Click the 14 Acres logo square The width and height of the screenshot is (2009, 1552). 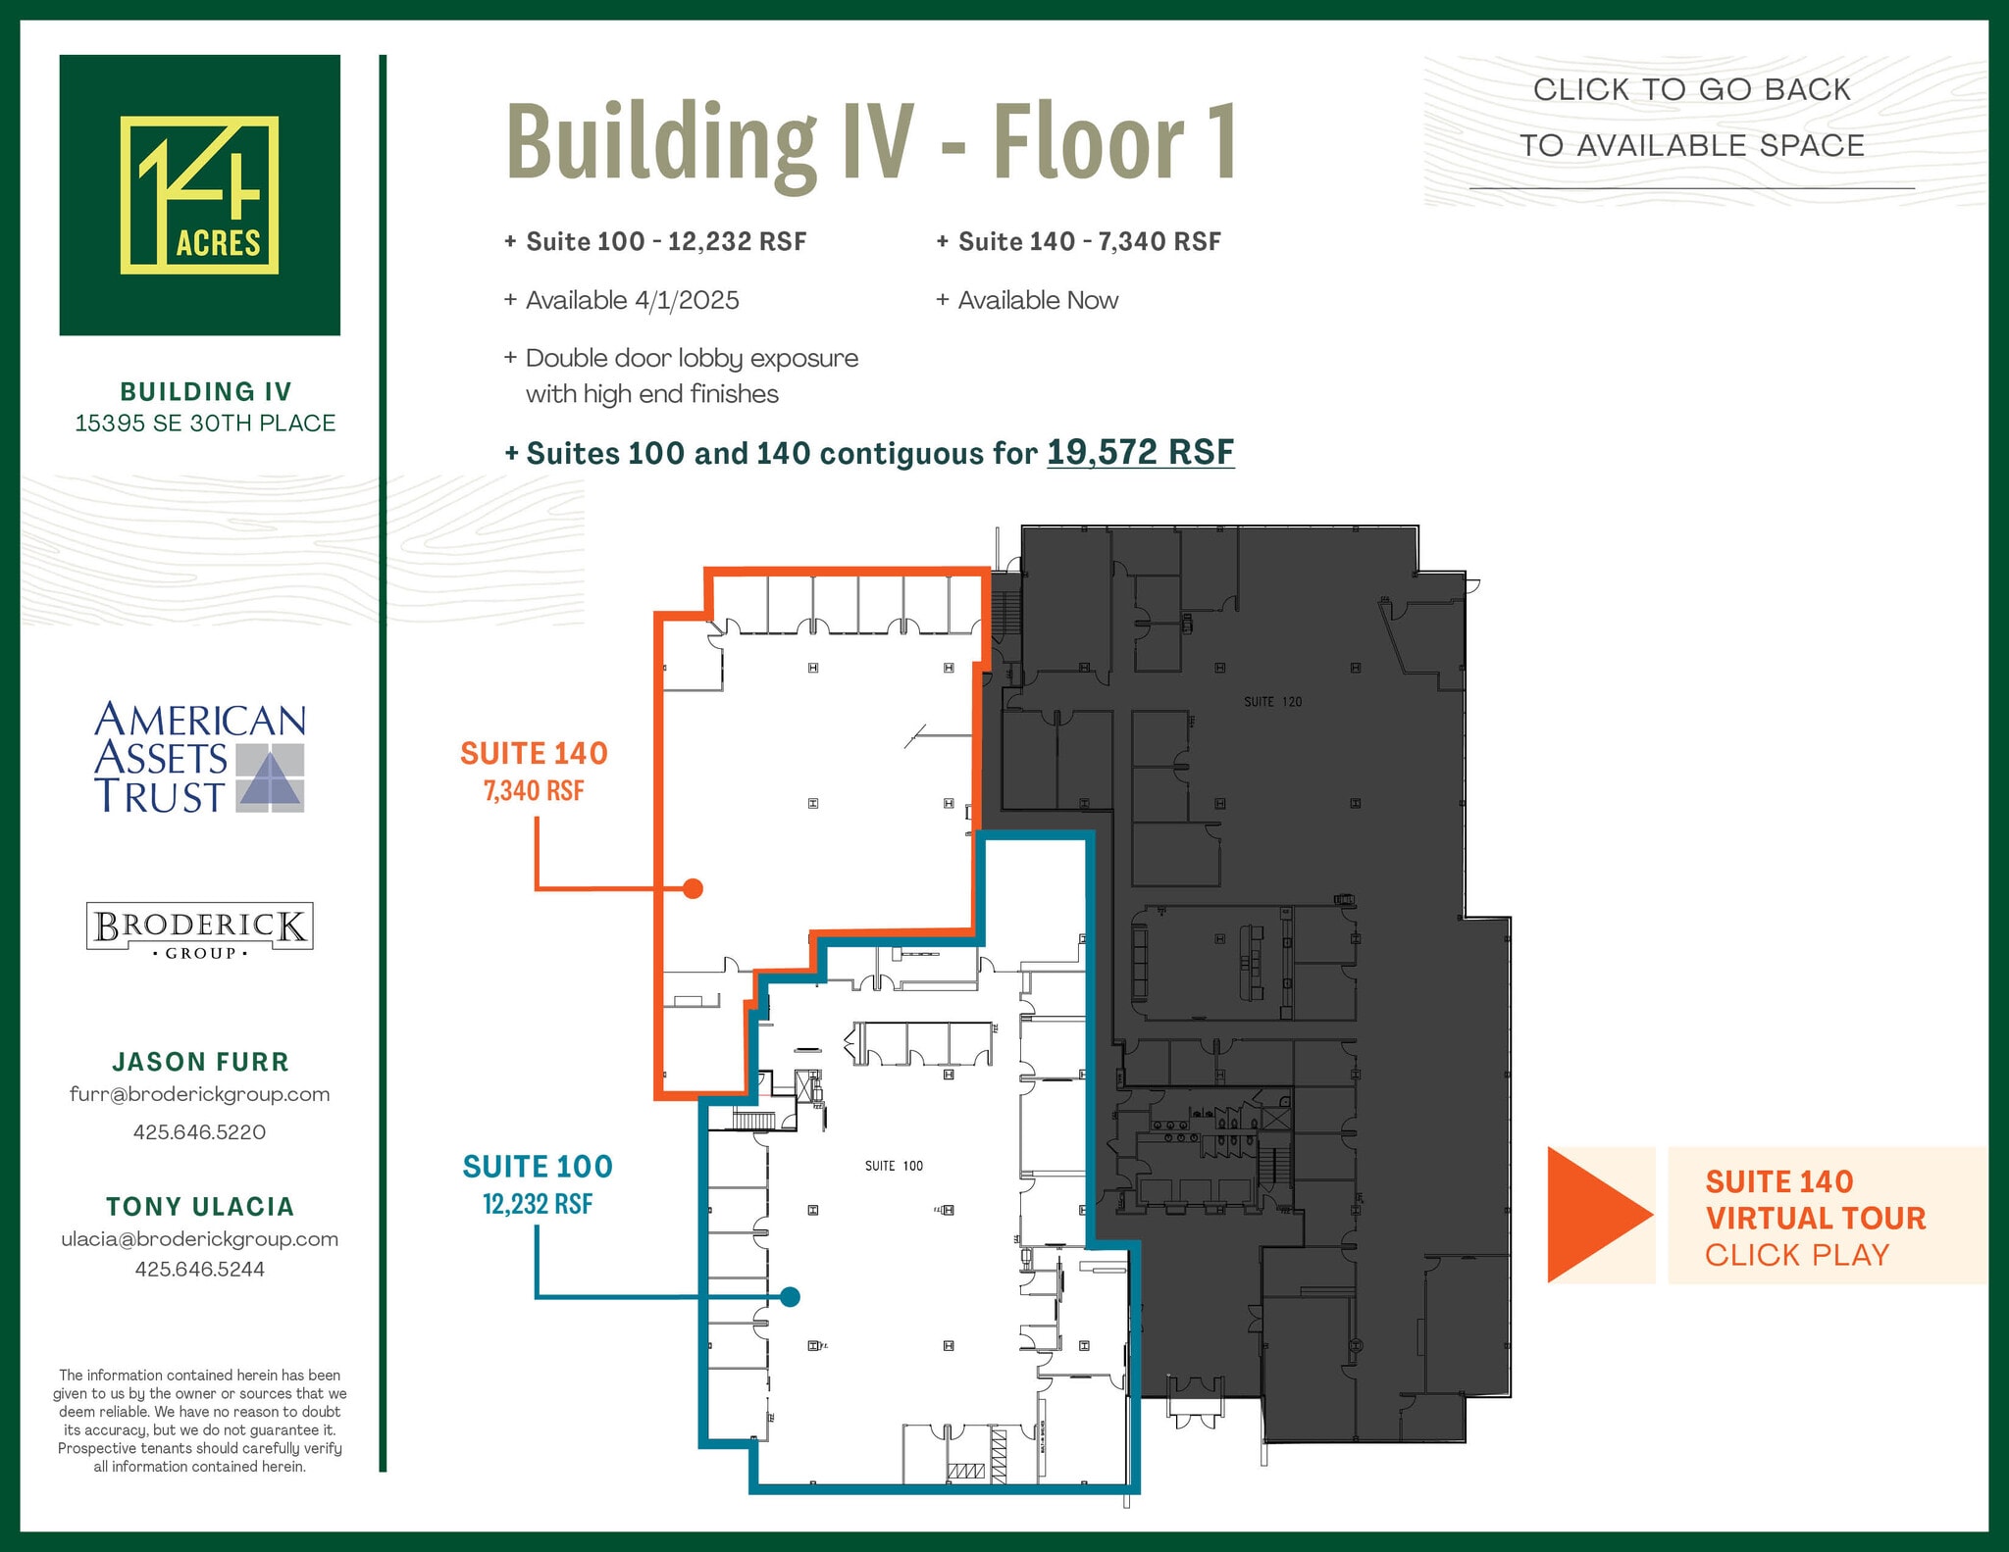coord(199,195)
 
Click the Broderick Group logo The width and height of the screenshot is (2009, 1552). coord(199,927)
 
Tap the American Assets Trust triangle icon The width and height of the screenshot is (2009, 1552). coord(271,778)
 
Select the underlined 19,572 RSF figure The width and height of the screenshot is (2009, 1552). coord(1140,453)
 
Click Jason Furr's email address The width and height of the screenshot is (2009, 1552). coord(199,1094)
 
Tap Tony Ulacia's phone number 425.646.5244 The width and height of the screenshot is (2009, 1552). coord(199,1269)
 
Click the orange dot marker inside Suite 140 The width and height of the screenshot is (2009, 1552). coord(693,888)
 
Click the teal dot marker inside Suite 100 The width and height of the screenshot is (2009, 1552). coord(790,1297)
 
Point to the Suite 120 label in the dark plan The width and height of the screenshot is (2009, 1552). coord(1272,702)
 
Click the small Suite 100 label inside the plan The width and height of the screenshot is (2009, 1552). coord(894,1166)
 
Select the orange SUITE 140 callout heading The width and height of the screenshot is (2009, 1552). coord(534,753)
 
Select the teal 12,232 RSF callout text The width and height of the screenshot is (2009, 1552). coord(538,1204)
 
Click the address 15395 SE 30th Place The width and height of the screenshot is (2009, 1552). coord(205,423)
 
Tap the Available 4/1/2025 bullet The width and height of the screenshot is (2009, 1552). coord(632,300)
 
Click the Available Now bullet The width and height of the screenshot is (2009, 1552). coord(1037,300)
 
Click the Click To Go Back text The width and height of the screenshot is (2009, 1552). coord(1691,89)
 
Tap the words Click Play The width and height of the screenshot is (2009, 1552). coord(1796,1255)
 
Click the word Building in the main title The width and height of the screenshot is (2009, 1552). coord(660,142)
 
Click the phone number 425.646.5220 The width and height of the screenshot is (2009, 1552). coord(199,1132)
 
